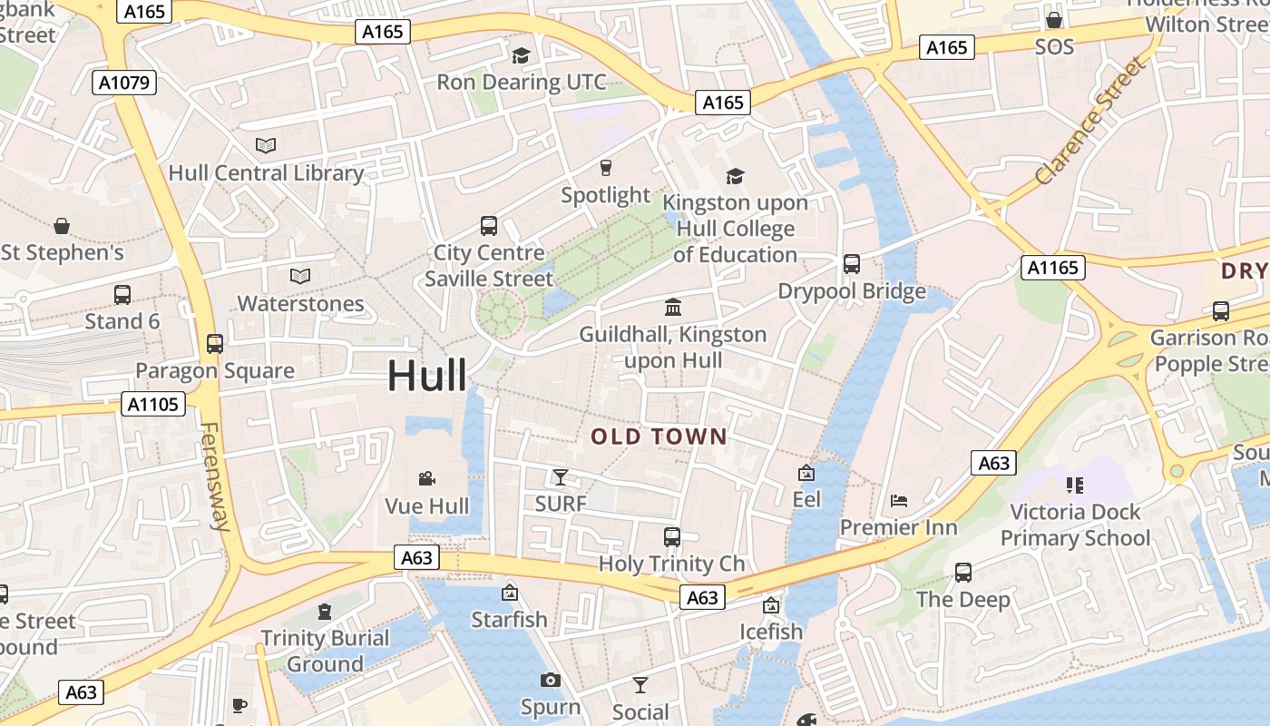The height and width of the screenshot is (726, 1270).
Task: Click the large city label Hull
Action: pyautogui.click(x=427, y=376)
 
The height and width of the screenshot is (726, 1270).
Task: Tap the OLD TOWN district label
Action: pyautogui.click(x=659, y=437)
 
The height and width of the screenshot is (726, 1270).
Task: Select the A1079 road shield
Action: pyautogui.click(x=125, y=83)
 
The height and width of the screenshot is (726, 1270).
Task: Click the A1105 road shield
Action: pyautogui.click(x=153, y=404)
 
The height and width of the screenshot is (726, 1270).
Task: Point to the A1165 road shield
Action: pyautogui.click(x=1052, y=267)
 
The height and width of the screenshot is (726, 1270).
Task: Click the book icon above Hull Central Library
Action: pyautogui.click(x=266, y=145)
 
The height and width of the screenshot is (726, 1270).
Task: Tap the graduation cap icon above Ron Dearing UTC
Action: pyautogui.click(x=521, y=56)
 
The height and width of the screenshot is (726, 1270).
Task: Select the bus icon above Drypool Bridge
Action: pyautogui.click(x=852, y=264)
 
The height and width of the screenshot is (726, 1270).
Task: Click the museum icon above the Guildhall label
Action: pyautogui.click(x=673, y=307)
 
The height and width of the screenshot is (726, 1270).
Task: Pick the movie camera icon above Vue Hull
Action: pyautogui.click(x=426, y=478)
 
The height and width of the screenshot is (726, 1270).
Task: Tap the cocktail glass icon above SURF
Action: pyautogui.click(x=561, y=476)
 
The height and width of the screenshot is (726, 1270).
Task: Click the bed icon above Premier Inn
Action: pyautogui.click(x=898, y=500)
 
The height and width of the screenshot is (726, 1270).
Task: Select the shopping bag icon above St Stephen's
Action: pyautogui.click(x=62, y=225)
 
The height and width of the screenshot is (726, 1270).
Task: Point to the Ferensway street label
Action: pyautogui.click(x=215, y=476)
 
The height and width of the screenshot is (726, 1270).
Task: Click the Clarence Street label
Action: pyautogui.click(x=1089, y=122)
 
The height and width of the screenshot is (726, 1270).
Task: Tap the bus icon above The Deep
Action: pyautogui.click(x=962, y=573)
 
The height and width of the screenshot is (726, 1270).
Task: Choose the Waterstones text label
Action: pyautogui.click(x=300, y=303)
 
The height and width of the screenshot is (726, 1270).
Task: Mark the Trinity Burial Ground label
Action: pyautogui.click(x=325, y=651)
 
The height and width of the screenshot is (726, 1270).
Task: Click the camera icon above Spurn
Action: pyautogui.click(x=551, y=680)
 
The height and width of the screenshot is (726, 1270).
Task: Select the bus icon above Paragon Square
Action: pyautogui.click(x=215, y=344)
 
